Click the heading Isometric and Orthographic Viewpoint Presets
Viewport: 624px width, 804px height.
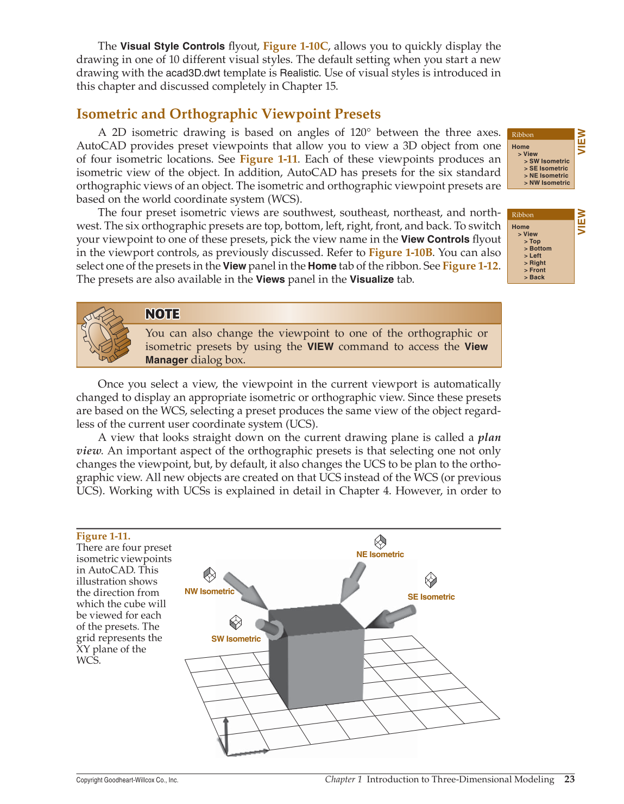pyautogui.click(x=228, y=114)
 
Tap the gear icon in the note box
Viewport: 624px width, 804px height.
pyautogui.click(x=105, y=334)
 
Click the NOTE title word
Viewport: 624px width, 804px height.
pyautogui.click(x=162, y=314)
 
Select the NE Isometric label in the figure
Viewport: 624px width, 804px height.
pyautogui.click(x=380, y=554)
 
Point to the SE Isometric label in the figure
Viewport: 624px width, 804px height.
pyautogui.click(x=431, y=597)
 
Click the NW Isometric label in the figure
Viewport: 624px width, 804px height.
pyautogui.click(x=209, y=591)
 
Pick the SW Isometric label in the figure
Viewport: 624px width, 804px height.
pyautogui.click(x=236, y=639)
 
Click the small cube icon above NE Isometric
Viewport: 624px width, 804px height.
pyautogui.click(x=380, y=541)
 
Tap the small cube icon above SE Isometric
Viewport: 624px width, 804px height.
pyautogui.click(x=431, y=580)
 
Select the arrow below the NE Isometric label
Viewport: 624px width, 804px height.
pyautogui.click(x=353, y=581)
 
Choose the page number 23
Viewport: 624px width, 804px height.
pyautogui.click(x=569, y=779)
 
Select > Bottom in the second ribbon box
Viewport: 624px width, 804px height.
pyautogui.click(x=538, y=248)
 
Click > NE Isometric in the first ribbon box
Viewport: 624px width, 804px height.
pyautogui.click(x=546, y=176)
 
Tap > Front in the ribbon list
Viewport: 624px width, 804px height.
pyautogui.click(x=535, y=270)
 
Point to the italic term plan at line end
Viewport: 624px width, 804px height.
pyautogui.click(x=489, y=438)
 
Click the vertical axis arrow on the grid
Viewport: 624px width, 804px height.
pyautogui.click(x=226, y=734)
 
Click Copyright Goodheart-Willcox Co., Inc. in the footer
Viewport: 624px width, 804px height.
pyautogui.click(x=127, y=780)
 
